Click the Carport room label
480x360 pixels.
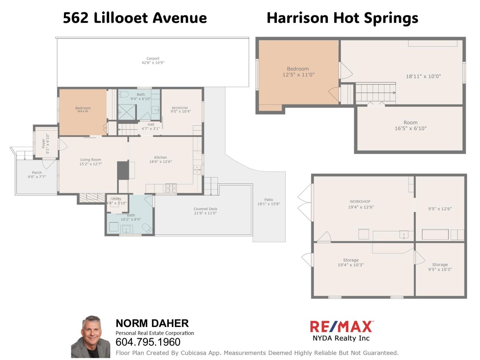(153, 59)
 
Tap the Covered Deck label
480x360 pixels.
(205, 209)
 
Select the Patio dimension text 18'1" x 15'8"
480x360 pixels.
(268, 204)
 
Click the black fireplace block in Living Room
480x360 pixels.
(123, 170)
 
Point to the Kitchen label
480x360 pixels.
(160, 157)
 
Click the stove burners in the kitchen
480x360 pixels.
(171, 188)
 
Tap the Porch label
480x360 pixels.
(37, 172)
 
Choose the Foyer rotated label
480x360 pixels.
(43, 144)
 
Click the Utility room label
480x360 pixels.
(116, 199)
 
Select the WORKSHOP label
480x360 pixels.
(360, 202)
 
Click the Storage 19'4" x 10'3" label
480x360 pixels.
(351, 262)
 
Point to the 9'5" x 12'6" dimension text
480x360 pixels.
(439, 209)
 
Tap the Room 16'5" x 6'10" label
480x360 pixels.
(410, 125)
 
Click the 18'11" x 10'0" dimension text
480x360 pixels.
(423, 76)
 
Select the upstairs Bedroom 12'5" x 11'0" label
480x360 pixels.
(298, 72)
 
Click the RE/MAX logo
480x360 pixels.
(341, 327)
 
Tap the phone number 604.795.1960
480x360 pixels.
(148, 342)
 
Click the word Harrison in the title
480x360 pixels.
(298, 18)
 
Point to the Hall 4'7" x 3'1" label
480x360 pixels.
(151, 126)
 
